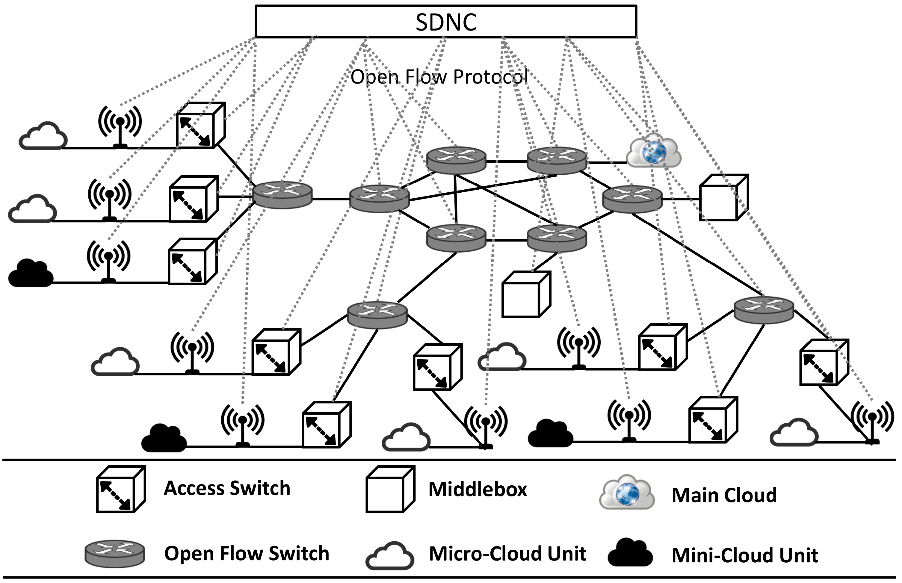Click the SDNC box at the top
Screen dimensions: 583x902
tap(445, 21)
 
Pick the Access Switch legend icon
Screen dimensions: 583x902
tap(120, 490)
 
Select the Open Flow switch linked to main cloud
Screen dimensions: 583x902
tap(556, 161)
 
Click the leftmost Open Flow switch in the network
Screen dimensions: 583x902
tap(282, 195)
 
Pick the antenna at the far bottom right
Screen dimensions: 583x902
tap(872, 422)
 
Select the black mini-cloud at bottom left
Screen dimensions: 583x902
tap(164, 438)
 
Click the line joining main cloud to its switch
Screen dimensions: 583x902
tap(607, 162)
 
